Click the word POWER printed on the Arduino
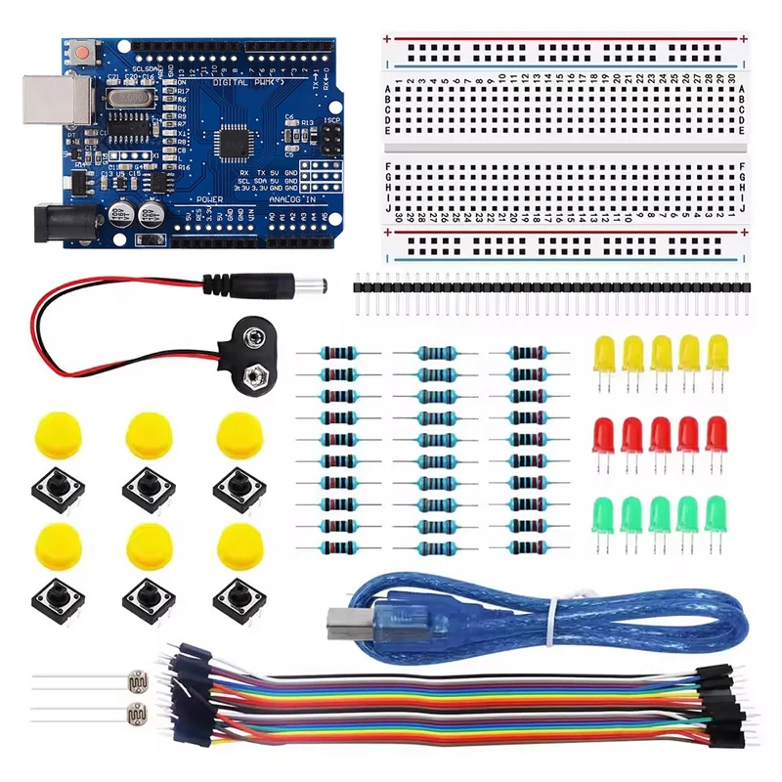(208, 198)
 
